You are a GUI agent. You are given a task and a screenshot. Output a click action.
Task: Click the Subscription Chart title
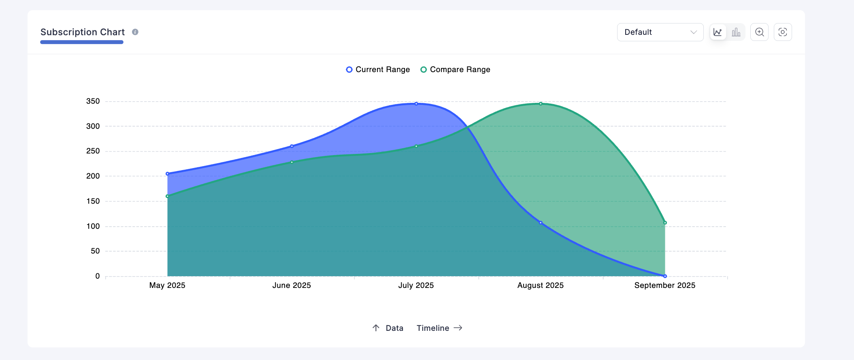click(83, 32)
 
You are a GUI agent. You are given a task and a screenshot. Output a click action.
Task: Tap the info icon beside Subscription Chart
click(135, 32)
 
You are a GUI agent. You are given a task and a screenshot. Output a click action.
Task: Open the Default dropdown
click(660, 32)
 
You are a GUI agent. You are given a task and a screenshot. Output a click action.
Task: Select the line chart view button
click(718, 32)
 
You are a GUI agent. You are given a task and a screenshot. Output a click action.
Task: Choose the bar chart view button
click(736, 32)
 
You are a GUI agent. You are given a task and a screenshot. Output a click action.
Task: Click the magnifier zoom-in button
click(759, 32)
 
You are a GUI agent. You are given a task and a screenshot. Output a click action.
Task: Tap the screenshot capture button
click(783, 32)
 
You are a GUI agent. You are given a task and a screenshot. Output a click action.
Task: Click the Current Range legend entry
click(378, 70)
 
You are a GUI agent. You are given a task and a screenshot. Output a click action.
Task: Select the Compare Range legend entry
click(456, 70)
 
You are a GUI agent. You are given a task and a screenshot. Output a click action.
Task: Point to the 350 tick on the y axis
click(93, 101)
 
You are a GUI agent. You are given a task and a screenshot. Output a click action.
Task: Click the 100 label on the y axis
click(93, 226)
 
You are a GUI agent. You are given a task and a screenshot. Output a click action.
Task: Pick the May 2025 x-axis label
click(167, 285)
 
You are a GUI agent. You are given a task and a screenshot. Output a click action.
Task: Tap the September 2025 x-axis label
click(664, 285)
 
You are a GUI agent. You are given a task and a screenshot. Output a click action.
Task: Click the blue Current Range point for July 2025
click(416, 104)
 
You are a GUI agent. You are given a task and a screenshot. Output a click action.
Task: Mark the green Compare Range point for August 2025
click(541, 104)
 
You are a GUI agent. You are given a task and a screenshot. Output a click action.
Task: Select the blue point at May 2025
click(167, 174)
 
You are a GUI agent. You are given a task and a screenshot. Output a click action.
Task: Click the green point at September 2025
click(665, 223)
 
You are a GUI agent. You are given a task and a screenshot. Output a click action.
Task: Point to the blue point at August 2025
click(541, 223)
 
